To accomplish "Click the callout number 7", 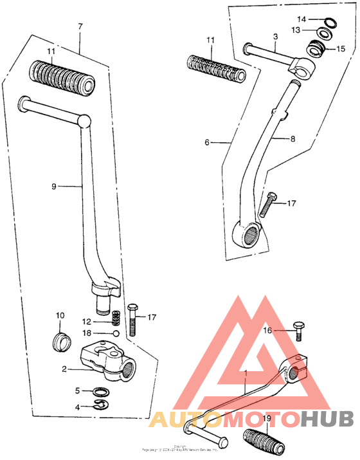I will click(x=80, y=27).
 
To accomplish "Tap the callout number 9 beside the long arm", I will click(x=55, y=186).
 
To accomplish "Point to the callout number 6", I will click(x=207, y=142).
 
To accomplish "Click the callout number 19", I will click(x=266, y=418).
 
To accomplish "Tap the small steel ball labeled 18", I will click(x=115, y=334).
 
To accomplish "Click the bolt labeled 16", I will click(x=297, y=330).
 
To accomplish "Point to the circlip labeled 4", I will click(x=100, y=405).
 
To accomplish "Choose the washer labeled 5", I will click(x=101, y=391).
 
